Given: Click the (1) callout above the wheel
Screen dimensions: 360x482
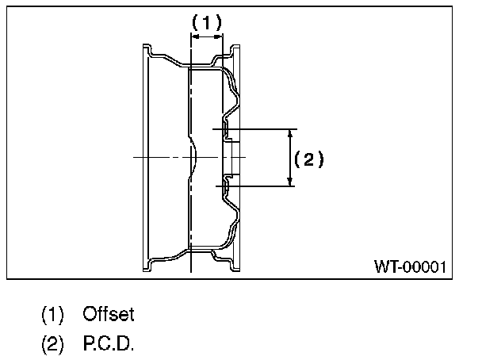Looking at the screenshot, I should (207, 24).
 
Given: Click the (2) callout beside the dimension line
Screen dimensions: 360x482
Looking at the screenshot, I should (309, 159).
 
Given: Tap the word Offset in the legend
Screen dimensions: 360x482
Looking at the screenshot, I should (109, 314).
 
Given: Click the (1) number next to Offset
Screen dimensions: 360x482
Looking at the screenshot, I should (52, 314).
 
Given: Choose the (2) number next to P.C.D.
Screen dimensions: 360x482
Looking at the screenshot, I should (52, 346).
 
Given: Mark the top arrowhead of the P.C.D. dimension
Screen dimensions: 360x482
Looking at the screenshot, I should (290, 132).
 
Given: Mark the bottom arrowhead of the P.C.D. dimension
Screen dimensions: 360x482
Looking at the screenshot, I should (290, 182).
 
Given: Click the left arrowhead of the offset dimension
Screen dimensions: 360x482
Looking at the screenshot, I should (195, 36).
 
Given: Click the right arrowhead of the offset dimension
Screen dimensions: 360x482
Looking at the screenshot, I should (220, 36).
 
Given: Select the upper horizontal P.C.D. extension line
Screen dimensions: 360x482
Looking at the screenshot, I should (254, 128).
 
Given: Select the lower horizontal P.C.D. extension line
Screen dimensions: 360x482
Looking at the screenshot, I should (254, 186).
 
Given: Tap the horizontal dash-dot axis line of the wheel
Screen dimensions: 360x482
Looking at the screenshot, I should (159, 157).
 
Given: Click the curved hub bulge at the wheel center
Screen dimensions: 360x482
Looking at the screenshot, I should (195, 157).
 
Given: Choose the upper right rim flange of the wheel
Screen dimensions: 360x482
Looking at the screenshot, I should (234, 52).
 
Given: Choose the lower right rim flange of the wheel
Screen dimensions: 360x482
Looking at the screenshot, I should (234, 261).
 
